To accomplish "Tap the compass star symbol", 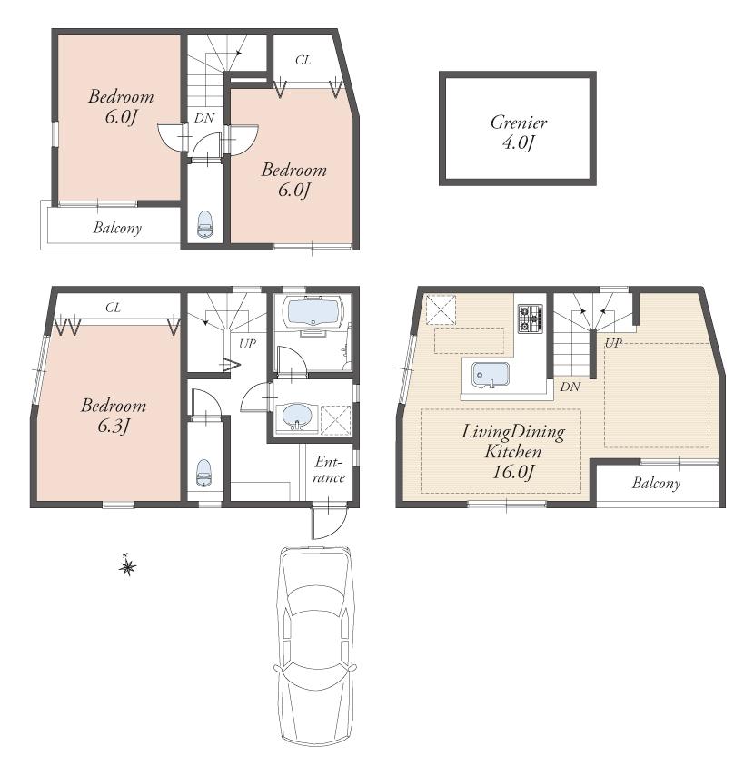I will click(128, 567).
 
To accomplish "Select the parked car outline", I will click(314, 646).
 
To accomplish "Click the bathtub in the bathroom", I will click(312, 315).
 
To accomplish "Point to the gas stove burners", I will click(530, 317).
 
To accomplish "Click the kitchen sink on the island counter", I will click(491, 373).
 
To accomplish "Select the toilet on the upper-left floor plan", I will click(205, 223).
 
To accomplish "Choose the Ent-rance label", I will click(330, 470).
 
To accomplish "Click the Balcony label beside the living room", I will click(656, 484).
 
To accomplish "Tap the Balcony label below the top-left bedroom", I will click(117, 228).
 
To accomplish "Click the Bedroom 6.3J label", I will click(113, 416).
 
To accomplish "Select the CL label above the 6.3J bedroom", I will click(113, 308).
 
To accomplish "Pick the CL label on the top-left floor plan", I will click(303, 61).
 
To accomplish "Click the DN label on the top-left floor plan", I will click(203, 117).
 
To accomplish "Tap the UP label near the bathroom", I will click(246, 344).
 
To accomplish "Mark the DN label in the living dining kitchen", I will click(570, 387).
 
